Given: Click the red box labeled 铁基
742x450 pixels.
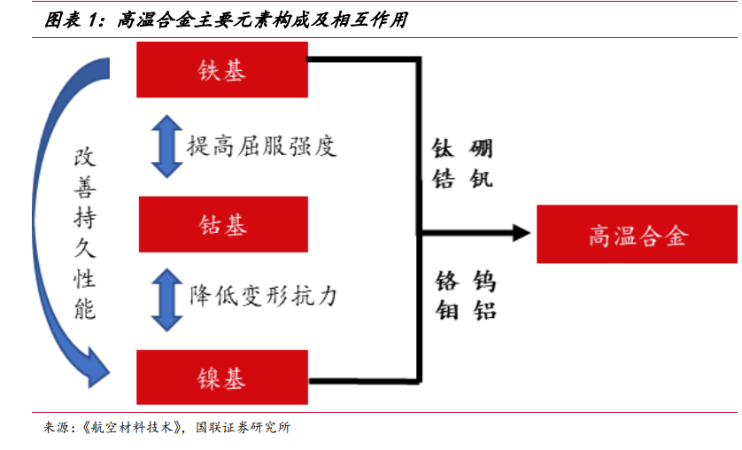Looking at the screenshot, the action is coord(222,70).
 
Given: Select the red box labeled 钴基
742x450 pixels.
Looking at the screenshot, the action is coord(223,224).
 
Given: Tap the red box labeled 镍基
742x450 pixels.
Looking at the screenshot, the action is coord(222,377).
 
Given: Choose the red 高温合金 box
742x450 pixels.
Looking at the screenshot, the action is coord(637,234).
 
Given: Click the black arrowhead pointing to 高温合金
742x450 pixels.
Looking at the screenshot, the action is coord(522,233).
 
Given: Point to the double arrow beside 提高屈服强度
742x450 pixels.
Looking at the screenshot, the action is coord(166,146).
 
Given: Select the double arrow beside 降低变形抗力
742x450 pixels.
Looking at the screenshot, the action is coord(166,299).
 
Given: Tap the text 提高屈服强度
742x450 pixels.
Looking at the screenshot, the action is coord(262,146).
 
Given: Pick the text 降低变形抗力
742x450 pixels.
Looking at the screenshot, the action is coord(263,297).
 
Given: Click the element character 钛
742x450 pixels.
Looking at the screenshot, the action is coord(443,149).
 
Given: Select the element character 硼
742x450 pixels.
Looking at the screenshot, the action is coord(482,149).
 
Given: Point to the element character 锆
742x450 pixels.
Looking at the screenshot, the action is coord(444,179).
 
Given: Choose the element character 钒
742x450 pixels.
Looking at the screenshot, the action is coord(482,179).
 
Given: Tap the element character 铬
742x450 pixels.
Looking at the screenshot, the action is coord(447,281).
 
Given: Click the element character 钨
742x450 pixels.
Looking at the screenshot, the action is coord(484,281).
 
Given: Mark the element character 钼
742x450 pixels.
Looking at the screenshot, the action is coord(447,310).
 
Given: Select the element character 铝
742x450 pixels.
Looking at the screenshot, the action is coord(484,310).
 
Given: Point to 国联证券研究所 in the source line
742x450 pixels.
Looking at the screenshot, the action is coord(243,427).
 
